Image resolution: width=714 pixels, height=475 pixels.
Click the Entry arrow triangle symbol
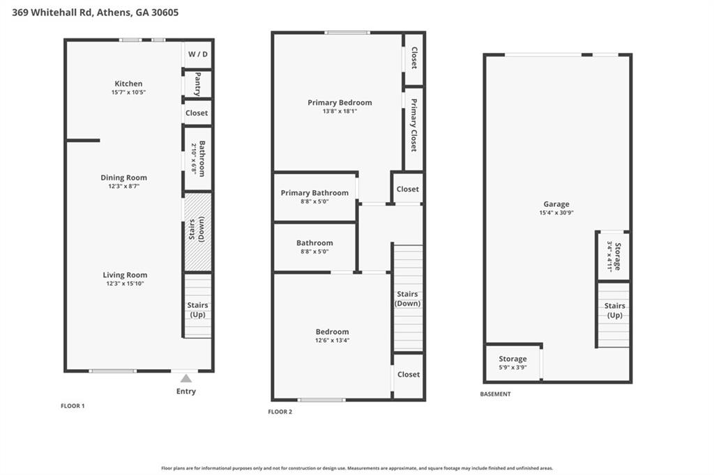point(185,378)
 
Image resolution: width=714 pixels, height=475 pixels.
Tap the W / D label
point(198,54)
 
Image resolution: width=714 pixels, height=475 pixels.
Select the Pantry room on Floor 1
point(198,83)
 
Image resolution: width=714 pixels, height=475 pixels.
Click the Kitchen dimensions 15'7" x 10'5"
point(128,93)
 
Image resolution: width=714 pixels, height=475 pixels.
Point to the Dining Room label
point(124,178)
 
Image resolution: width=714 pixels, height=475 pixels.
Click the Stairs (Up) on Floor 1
point(198,306)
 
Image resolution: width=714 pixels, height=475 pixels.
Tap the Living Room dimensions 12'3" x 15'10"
point(125,283)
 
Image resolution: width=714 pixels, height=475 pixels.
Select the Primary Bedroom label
point(340,102)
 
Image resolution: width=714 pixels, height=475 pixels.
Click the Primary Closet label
point(413,125)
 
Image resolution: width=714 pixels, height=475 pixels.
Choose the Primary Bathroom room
point(314,197)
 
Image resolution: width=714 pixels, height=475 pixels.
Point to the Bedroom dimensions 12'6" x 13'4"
point(332,341)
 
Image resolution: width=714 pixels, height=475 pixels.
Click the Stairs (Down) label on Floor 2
point(408,299)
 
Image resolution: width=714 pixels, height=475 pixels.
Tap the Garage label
point(556,204)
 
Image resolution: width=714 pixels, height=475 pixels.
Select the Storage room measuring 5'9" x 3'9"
point(512,363)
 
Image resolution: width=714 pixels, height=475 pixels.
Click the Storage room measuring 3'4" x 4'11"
point(614,256)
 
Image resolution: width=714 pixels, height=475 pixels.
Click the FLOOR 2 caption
point(280,412)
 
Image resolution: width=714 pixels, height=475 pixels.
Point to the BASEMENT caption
point(495,394)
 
